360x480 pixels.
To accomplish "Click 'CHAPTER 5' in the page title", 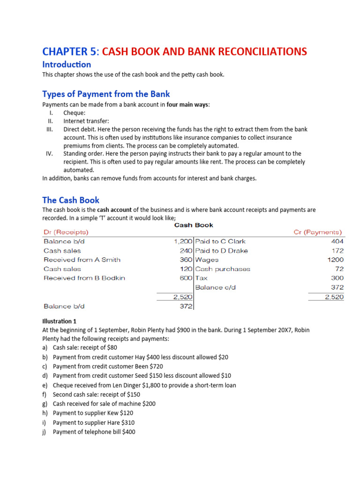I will [x=69, y=51].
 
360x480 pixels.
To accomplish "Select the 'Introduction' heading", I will [x=66, y=65].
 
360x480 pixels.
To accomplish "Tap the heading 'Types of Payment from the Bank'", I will [x=106, y=94].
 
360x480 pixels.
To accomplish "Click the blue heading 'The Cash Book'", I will [x=71, y=200].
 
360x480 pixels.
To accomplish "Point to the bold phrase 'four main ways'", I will [x=187, y=105].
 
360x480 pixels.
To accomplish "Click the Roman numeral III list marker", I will [x=50, y=129].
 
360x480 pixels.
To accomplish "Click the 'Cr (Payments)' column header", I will [x=318, y=232].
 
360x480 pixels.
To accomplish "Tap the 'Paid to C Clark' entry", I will [x=220, y=241].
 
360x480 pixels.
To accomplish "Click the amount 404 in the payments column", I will [x=337, y=241].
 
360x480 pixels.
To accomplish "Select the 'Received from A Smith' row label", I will [x=82, y=260].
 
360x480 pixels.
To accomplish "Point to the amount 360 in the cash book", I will [x=186, y=260].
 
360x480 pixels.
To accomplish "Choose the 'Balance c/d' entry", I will [x=215, y=287].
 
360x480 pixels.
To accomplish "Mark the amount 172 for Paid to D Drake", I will [x=337, y=251].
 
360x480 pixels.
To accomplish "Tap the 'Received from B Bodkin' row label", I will [x=84, y=278].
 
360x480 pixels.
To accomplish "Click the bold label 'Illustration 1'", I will [x=59, y=322].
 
